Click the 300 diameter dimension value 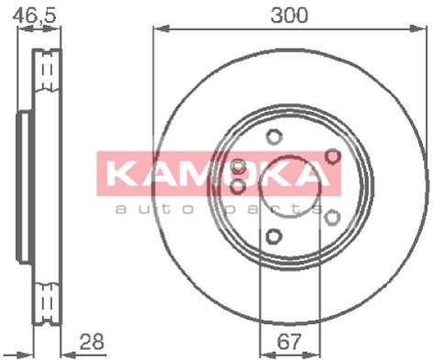click(289, 16)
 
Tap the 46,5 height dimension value click(35, 16)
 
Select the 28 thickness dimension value click(92, 342)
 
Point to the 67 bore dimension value click(289, 342)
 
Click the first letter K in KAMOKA click(120, 174)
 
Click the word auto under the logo click(155, 209)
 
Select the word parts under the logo click(274, 210)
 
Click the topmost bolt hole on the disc click(273, 137)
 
